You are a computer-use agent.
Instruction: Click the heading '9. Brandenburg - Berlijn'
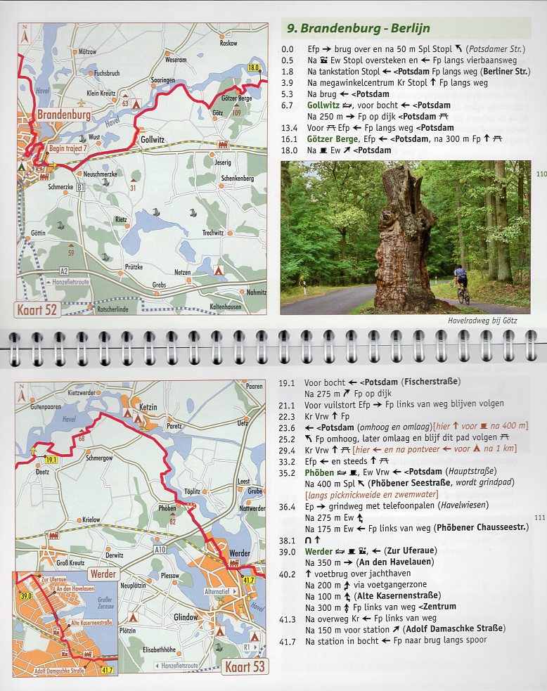[x=358, y=29]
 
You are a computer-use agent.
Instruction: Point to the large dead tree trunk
[x=406, y=239]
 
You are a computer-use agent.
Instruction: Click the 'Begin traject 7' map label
[x=68, y=148]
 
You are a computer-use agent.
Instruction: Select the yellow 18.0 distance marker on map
[x=255, y=67]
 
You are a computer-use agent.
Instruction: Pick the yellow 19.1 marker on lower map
[x=50, y=460]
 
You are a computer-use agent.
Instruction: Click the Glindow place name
[x=186, y=616]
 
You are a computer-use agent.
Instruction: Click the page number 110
[x=540, y=174]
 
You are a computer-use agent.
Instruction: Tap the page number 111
[x=540, y=517]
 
